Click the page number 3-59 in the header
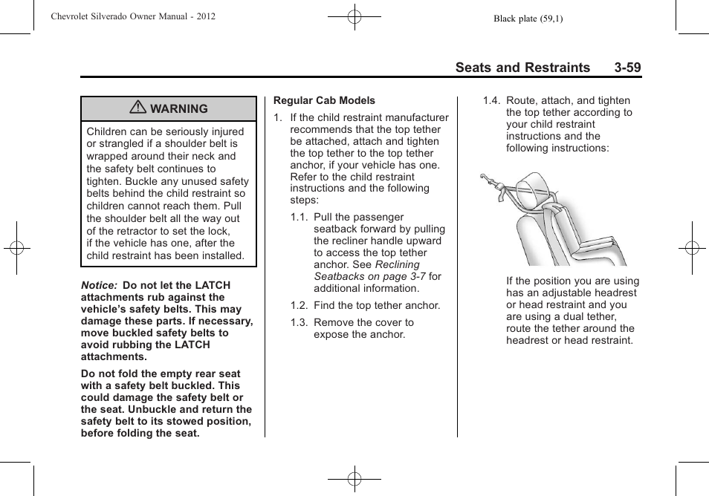pyautogui.click(x=627, y=68)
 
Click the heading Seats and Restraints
pyautogui.click(x=522, y=68)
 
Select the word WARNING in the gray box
pyautogui.click(x=179, y=109)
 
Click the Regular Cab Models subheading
pyautogui.click(x=324, y=100)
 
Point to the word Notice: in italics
pyautogui.click(x=99, y=285)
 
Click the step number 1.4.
pyautogui.click(x=491, y=101)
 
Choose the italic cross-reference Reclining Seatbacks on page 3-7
pyautogui.click(x=366, y=270)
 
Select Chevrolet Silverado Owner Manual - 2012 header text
pyautogui.click(x=133, y=16)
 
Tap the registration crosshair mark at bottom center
pyautogui.click(x=354, y=480)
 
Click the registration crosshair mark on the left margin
pyautogui.click(x=16, y=248)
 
